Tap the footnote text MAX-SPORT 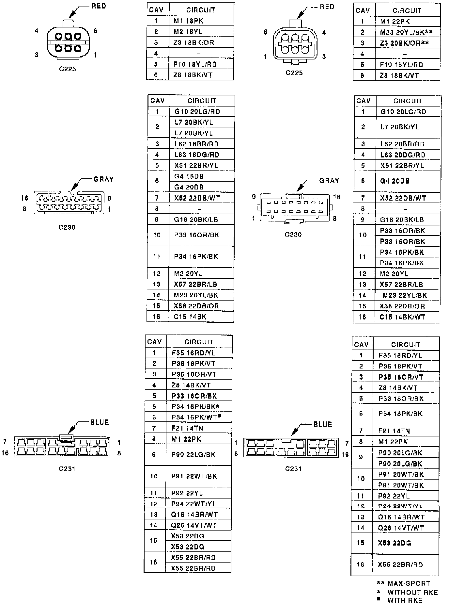409,583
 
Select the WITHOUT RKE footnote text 412,592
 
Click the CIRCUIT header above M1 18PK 200,10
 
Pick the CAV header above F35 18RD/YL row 361,345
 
